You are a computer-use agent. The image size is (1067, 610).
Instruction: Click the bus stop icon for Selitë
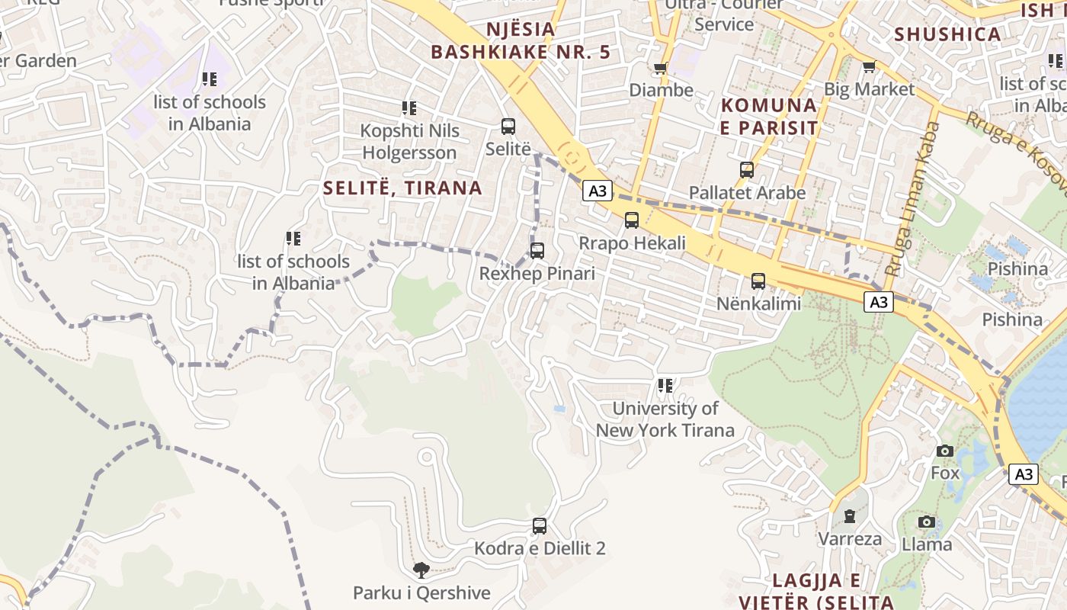508,127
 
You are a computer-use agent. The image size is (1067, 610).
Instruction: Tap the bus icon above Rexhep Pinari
537,250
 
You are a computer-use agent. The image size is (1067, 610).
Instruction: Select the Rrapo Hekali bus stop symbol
632,220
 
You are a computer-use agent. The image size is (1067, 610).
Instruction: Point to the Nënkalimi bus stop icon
758,281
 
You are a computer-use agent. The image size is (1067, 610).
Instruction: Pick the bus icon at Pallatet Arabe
747,170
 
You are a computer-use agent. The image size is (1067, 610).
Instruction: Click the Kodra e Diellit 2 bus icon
540,525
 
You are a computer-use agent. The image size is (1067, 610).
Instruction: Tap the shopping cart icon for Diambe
661,68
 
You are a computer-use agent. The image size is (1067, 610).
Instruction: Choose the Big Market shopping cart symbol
869,67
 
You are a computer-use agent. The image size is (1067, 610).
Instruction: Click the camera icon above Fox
945,451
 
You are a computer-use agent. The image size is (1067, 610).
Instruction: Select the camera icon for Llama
927,522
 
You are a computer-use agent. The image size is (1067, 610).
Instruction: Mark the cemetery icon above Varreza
849,517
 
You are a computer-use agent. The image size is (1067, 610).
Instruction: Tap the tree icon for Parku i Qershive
421,570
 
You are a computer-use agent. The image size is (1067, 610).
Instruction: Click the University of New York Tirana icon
665,387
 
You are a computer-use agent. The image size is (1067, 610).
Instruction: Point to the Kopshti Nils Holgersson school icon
409,108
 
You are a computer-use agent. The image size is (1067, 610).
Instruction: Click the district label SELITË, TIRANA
402,188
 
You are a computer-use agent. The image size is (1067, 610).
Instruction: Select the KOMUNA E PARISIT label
769,116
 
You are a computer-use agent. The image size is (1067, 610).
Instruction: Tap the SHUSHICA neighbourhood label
947,34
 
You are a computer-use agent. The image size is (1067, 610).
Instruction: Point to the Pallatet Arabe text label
747,193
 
